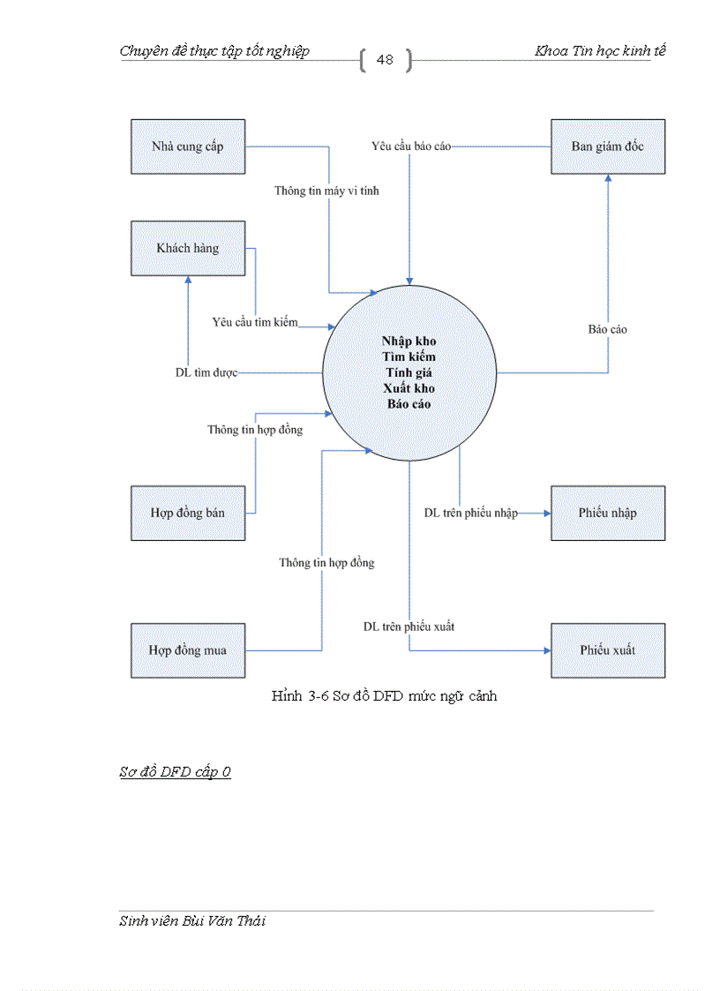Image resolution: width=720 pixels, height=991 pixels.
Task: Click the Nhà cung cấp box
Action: [188, 146]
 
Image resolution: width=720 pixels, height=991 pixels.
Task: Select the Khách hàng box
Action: [188, 249]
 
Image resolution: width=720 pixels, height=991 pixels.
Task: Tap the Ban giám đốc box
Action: [608, 146]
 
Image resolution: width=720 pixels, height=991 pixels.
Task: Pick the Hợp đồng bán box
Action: [188, 513]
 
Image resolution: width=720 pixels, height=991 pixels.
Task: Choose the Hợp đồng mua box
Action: [188, 650]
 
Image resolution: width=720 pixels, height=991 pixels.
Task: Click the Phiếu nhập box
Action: [608, 513]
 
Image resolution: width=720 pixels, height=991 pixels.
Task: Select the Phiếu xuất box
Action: [608, 650]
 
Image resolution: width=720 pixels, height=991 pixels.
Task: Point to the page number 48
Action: [385, 60]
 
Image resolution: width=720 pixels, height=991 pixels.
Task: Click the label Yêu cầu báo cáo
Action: [411, 146]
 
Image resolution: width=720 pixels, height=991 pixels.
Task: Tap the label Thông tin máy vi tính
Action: [326, 191]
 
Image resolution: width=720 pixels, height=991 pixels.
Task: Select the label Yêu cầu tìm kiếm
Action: [255, 322]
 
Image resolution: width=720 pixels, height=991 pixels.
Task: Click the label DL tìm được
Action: [206, 373]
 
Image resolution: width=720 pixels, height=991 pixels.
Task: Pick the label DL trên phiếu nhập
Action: [470, 513]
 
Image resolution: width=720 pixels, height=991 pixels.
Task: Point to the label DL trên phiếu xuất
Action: [409, 627]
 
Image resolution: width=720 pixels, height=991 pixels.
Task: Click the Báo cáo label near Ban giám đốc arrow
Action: [608, 329]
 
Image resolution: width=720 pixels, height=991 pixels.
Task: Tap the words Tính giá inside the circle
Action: [409, 372]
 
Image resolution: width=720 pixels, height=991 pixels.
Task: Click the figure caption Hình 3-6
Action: [384, 696]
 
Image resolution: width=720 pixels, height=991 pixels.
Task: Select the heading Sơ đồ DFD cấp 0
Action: [176, 772]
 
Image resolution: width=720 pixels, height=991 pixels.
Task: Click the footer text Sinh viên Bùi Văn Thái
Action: [192, 921]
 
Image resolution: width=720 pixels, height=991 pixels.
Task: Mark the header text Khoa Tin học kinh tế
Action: [600, 51]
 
